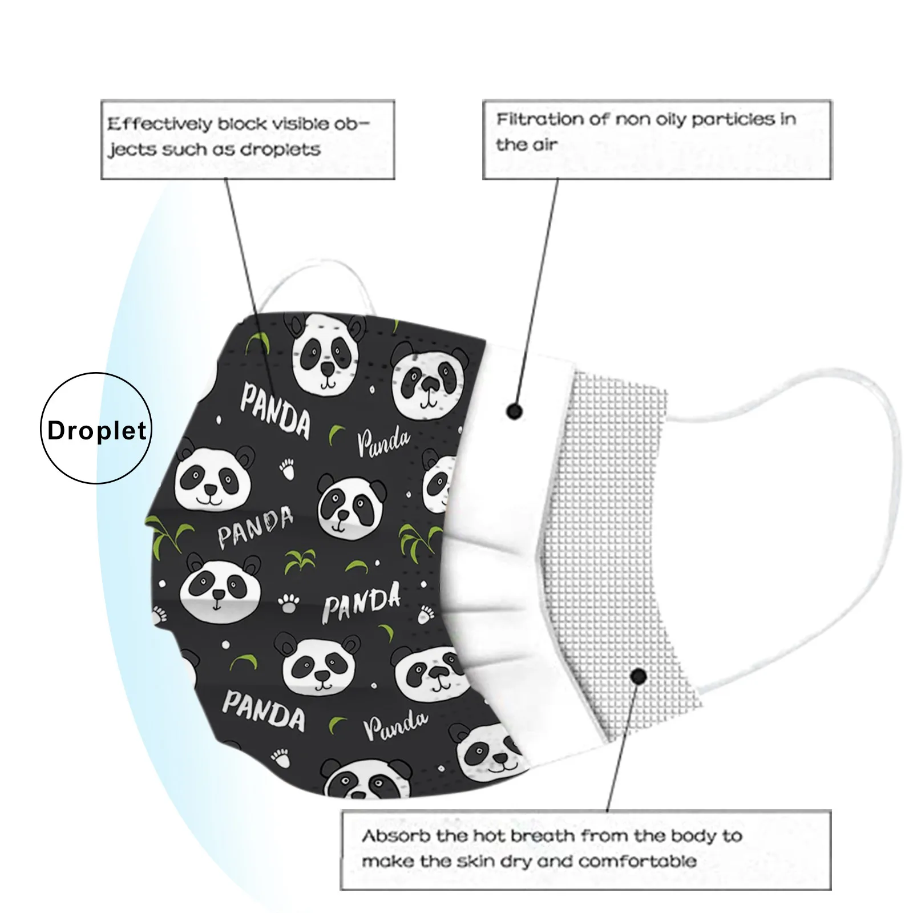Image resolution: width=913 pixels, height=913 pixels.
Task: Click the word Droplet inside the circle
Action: (97, 431)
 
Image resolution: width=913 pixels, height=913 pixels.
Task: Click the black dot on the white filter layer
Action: (514, 411)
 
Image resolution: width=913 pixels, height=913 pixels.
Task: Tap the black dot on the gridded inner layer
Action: (639, 677)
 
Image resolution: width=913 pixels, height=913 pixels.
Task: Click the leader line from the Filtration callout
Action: (539, 285)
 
